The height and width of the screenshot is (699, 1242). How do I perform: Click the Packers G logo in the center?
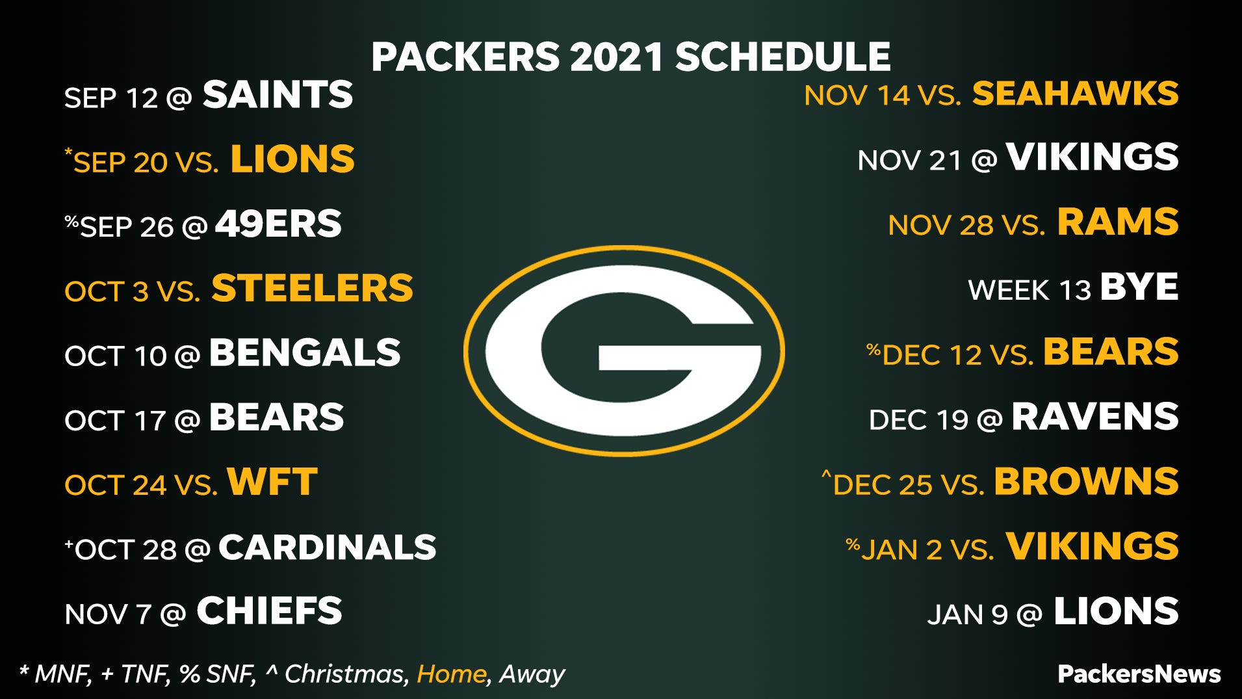click(x=624, y=351)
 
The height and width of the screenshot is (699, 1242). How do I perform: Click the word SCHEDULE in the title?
click(x=783, y=57)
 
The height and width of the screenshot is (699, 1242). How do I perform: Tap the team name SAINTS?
click(x=278, y=95)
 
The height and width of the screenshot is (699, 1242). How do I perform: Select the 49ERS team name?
click(x=278, y=224)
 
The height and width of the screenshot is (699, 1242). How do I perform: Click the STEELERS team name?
click(x=312, y=288)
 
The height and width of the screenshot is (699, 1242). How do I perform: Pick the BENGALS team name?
click(x=305, y=353)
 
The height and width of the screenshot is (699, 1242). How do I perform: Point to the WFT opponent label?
click(x=272, y=482)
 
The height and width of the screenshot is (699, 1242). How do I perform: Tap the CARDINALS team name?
click(x=327, y=547)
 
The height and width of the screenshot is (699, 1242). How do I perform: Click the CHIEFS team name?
click(x=269, y=611)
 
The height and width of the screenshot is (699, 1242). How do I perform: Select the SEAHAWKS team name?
click(x=1075, y=94)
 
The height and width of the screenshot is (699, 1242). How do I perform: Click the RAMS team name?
click(x=1118, y=222)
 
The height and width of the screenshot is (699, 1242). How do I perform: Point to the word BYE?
click(x=1139, y=287)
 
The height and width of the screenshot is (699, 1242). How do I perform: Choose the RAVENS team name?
click(x=1095, y=417)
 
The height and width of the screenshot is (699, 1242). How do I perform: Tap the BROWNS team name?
click(x=1086, y=482)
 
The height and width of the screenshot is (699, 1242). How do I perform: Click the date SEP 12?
click(x=111, y=98)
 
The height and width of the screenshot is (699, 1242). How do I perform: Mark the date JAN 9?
click(x=967, y=614)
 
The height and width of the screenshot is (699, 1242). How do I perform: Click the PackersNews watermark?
click(x=1139, y=674)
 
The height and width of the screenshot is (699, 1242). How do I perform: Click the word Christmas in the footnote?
click(x=346, y=674)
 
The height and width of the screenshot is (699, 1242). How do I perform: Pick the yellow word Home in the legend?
click(x=451, y=674)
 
